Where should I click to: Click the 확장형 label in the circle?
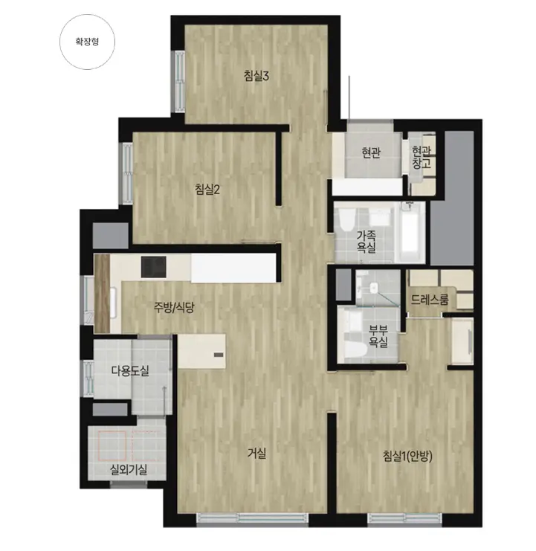[x=87, y=42]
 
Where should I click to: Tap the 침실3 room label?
[x=256, y=76]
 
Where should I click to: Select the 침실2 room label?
[x=207, y=190]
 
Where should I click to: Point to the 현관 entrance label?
[x=371, y=152]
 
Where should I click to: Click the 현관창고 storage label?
[x=421, y=157]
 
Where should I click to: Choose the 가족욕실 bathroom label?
[x=367, y=242]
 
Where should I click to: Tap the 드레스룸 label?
[x=430, y=300]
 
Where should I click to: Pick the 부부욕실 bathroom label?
[x=378, y=336]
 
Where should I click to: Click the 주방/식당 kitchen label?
[x=173, y=308]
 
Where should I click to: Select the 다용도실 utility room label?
[x=130, y=370]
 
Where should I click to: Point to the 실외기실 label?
[x=129, y=469]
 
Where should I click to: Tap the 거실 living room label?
[x=256, y=454]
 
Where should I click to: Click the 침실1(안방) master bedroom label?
[x=408, y=456]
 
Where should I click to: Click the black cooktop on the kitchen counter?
[x=154, y=267]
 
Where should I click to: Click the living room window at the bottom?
[x=253, y=518]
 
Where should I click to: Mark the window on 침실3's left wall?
[x=180, y=82]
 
